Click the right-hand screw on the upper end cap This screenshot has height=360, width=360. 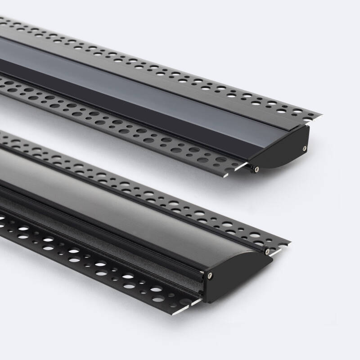[305, 148]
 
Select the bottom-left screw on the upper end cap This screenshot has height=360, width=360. [256, 169]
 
